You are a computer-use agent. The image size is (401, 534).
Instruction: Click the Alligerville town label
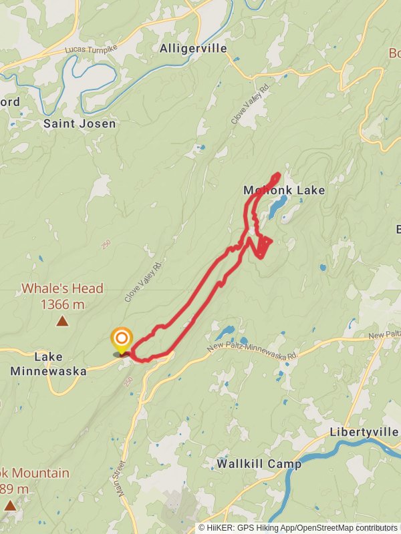pyautogui.click(x=193, y=49)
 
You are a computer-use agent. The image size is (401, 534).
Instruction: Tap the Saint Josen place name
pyautogui.click(x=80, y=123)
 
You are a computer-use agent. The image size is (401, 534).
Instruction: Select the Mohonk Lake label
pyautogui.click(x=284, y=191)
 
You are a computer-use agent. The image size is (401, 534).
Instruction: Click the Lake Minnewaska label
pyautogui.click(x=48, y=364)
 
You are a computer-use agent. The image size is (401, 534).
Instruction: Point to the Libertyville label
pyautogui.click(x=364, y=433)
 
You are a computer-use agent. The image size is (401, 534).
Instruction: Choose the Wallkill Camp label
pyautogui.click(x=259, y=463)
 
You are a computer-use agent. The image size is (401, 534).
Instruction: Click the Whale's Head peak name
pyautogui.click(x=62, y=288)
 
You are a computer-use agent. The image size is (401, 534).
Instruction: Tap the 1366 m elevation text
pyautogui.click(x=62, y=304)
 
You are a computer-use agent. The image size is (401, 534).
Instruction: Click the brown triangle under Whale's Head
pyautogui.click(x=62, y=321)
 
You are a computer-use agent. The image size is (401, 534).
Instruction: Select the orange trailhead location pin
pyautogui.click(x=122, y=340)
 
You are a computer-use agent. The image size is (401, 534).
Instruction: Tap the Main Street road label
pyautogui.click(x=121, y=478)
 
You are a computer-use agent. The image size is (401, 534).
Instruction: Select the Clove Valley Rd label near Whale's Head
pyautogui.click(x=144, y=281)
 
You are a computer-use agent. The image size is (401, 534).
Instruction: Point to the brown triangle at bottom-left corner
pyautogui.click(x=9, y=505)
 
